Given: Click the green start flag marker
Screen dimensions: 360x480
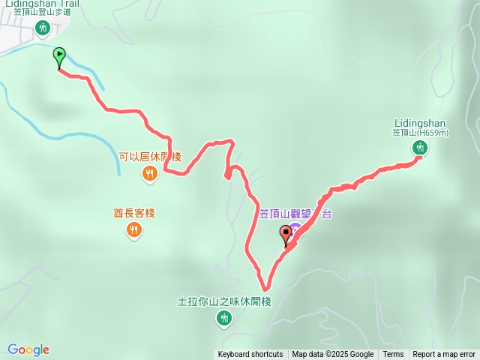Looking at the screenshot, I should (x=59, y=55).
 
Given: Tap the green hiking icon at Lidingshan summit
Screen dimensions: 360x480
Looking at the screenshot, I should (x=418, y=148).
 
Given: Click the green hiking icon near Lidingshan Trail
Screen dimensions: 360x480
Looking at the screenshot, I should (x=43, y=28).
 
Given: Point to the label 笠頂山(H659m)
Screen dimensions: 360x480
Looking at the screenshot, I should (x=420, y=133).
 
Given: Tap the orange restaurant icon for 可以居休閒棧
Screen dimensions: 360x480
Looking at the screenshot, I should (x=150, y=174).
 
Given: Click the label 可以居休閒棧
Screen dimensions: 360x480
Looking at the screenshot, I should (x=150, y=157).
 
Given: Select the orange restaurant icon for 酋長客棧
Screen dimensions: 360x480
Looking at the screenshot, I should (x=134, y=230).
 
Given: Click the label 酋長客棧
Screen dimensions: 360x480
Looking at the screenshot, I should (x=134, y=213).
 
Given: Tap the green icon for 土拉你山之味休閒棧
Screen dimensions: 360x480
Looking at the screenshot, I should (x=223, y=319).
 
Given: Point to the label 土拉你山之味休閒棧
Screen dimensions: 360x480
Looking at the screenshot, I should (x=223, y=302).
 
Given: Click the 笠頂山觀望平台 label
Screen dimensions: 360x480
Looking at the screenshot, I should (x=295, y=214).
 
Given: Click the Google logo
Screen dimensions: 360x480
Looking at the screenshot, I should (x=28, y=349).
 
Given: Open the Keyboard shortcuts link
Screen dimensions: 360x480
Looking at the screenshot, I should (x=250, y=355).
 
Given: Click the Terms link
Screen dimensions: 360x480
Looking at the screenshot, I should (x=393, y=355).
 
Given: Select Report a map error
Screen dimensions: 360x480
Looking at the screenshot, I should (x=444, y=355).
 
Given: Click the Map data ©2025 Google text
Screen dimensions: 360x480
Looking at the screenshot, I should (x=332, y=355).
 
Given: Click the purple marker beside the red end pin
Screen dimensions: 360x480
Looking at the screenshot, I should (x=296, y=228).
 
